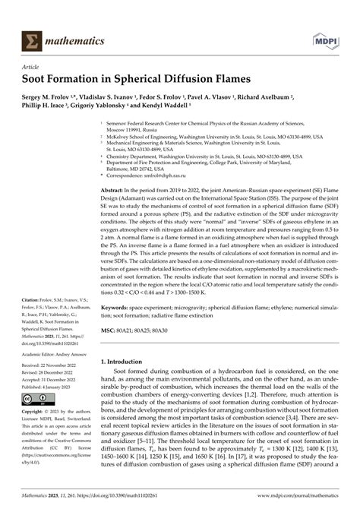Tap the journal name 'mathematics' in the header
(73, 40)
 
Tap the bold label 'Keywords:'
(118, 308)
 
